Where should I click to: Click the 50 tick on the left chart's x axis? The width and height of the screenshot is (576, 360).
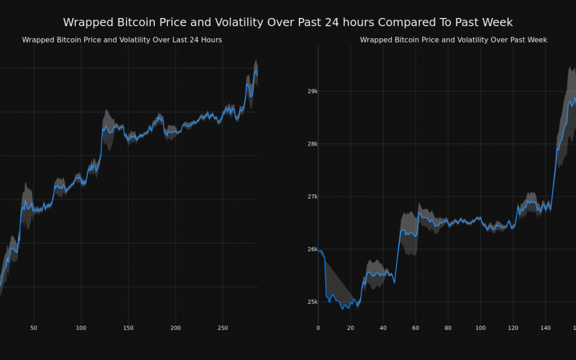[34, 328]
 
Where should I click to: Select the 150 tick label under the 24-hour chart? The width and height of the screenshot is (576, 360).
[128, 328]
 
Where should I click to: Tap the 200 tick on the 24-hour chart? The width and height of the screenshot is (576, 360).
[176, 328]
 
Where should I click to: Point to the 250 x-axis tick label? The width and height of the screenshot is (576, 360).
[222, 328]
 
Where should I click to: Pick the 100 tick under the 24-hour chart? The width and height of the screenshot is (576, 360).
[81, 328]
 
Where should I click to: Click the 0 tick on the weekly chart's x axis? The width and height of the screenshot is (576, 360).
[318, 328]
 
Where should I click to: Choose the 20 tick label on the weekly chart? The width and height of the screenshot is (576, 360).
[350, 328]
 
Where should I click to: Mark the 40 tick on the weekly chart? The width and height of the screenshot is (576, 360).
[382, 328]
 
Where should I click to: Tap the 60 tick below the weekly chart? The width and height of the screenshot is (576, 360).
[415, 328]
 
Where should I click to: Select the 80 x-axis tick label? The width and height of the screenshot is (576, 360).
[448, 328]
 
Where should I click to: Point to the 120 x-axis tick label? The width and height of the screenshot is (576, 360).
[513, 328]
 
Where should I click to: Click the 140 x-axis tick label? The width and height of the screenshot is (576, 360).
[545, 328]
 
